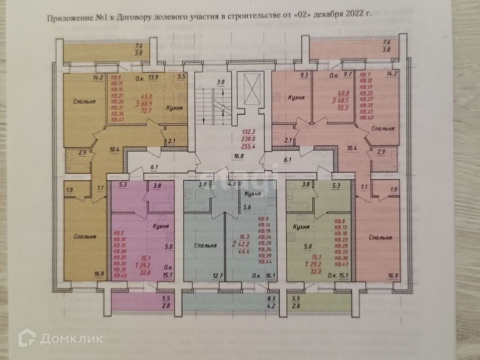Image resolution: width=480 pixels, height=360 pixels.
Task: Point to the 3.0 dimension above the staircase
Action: tap(220, 82)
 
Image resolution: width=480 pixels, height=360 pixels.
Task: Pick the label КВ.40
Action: tap(121, 276)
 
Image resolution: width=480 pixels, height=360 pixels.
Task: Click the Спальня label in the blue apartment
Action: tap(206, 246)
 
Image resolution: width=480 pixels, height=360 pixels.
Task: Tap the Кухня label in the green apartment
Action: tap(301, 227)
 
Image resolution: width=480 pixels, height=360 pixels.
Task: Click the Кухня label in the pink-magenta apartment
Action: tap(160, 226)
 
